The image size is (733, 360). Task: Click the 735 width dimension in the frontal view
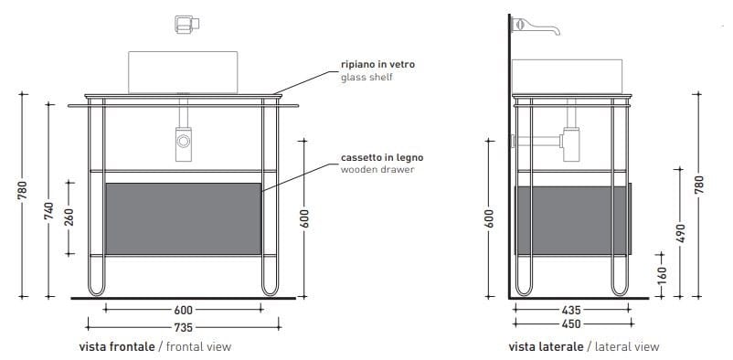185,326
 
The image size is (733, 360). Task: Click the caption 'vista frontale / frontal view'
155,347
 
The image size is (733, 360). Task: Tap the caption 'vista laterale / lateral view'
583,347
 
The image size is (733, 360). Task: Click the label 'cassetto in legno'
381,157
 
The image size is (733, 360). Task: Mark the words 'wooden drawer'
377,169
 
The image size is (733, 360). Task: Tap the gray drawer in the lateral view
572,218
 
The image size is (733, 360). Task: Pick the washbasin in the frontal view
183,70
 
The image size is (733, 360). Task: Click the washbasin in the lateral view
566,75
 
